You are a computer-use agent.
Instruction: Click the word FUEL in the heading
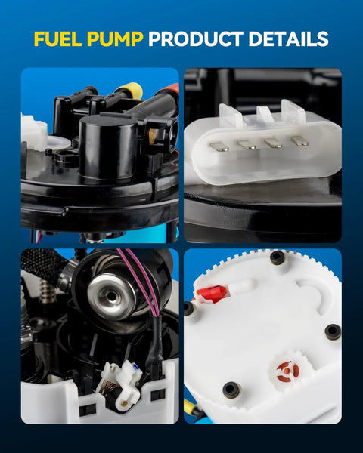(x=58, y=39)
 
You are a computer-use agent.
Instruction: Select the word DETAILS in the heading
(x=288, y=39)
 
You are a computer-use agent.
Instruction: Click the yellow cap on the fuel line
(x=133, y=89)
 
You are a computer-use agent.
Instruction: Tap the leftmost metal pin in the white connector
(x=219, y=146)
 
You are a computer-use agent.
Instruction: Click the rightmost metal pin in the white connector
(x=299, y=140)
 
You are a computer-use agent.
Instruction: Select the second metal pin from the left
(x=246, y=144)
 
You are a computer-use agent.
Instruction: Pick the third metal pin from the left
(x=273, y=143)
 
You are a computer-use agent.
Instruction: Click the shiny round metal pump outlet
(x=111, y=297)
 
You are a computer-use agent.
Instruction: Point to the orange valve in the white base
(x=287, y=371)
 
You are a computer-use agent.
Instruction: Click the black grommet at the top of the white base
(x=277, y=256)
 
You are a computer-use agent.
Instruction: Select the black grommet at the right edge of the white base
(x=333, y=332)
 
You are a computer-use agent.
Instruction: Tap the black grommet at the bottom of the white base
(x=231, y=390)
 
